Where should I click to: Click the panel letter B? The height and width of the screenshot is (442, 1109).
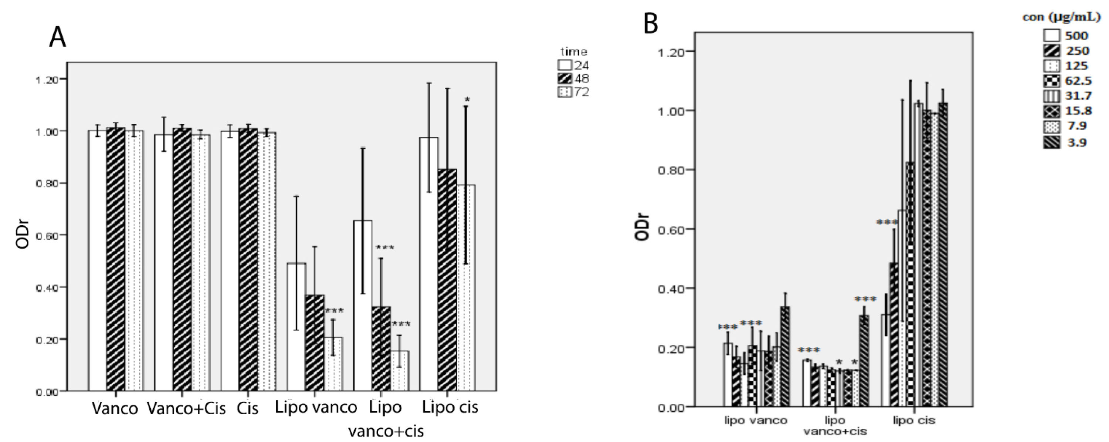(x=651, y=24)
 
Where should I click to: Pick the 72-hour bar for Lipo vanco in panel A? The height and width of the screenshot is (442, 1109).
(x=333, y=364)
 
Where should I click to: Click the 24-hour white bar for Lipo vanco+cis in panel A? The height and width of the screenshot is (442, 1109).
(x=363, y=306)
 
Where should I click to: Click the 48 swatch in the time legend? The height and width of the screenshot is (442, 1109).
(x=565, y=79)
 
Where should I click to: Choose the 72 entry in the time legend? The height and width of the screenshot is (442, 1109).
(x=581, y=92)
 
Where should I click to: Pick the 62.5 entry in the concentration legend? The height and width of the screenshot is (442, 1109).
(x=1078, y=81)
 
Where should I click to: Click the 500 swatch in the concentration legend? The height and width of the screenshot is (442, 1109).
(x=1051, y=36)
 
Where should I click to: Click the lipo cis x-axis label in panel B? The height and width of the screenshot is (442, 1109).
(x=914, y=421)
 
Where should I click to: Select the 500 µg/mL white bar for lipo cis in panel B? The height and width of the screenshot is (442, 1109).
(x=886, y=361)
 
